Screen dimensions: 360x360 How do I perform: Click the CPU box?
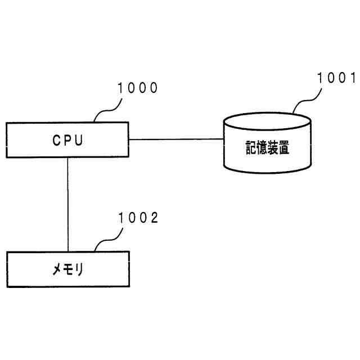click(67, 140)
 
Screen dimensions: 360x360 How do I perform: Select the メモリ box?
click(68, 269)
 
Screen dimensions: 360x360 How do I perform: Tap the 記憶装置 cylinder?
click(268, 142)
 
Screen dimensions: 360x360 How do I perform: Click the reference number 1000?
click(137, 88)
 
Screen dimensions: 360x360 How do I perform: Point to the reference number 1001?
click(336, 78)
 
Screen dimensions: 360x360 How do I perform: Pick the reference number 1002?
click(138, 218)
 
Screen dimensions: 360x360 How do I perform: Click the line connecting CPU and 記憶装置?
click(176, 139)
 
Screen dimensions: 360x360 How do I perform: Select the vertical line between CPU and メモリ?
click(67, 205)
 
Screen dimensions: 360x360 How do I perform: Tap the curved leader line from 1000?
click(108, 110)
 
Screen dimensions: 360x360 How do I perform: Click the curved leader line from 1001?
click(307, 100)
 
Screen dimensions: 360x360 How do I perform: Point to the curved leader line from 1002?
click(109, 240)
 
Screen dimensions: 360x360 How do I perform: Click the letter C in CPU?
click(56, 140)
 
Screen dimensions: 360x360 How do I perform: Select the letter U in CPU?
click(79, 140)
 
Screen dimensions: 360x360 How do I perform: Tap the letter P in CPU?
click(67, 140)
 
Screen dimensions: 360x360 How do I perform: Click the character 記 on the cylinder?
click(251, 147)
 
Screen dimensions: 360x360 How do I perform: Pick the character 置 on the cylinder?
click(283, 147)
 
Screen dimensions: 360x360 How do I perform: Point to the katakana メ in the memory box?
click(57, 269)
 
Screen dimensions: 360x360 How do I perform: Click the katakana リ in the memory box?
click(79, 269)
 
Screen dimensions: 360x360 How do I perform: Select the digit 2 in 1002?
click(154, 218)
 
